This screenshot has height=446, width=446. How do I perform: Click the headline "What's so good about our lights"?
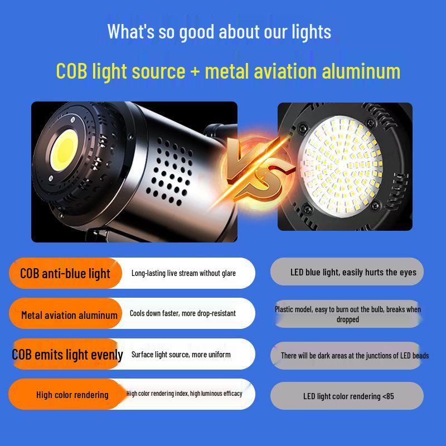[219, 31]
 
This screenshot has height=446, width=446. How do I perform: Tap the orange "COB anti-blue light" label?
[65, 274]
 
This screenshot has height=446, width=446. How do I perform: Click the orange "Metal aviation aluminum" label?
[69, 315]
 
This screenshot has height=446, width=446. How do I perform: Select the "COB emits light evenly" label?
[67, 355]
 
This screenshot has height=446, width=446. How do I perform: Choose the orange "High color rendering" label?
[72, 395]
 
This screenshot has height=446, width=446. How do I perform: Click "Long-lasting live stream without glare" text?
[183, 273]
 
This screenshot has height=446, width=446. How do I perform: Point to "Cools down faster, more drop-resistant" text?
[182, 313]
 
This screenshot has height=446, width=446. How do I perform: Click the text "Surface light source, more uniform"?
[181, 355]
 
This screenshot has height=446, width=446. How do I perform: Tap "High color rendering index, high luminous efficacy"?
[184, 394]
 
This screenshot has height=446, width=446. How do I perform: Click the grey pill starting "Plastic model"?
[347, 314]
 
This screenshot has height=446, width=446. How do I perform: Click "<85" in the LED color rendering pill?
[388, 396]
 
